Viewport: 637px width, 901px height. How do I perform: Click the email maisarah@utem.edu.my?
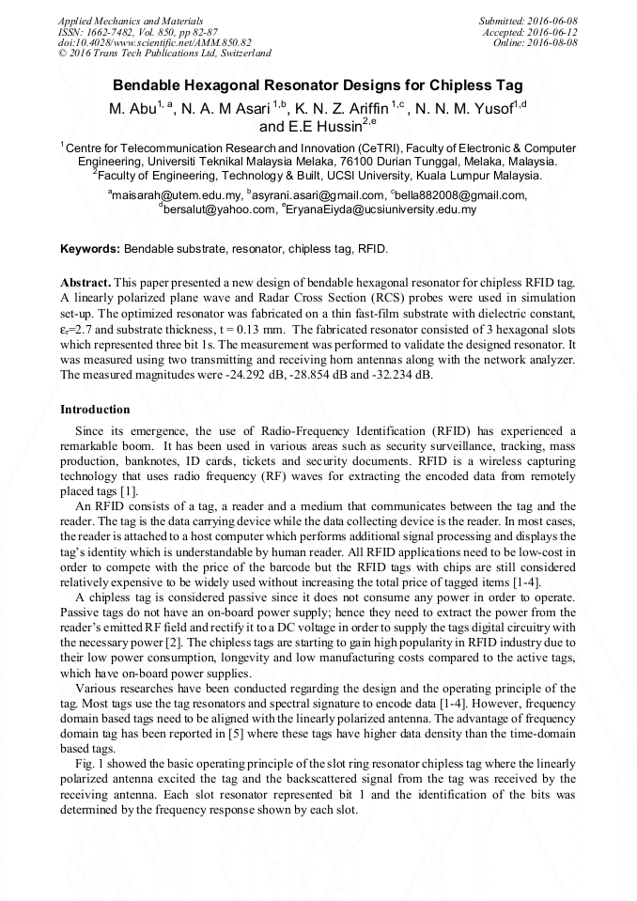(175, 195)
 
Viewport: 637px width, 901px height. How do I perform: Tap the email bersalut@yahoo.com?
(218, 210)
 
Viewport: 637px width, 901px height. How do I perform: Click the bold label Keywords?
(90, 249)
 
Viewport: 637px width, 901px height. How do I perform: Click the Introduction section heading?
(95, 410)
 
